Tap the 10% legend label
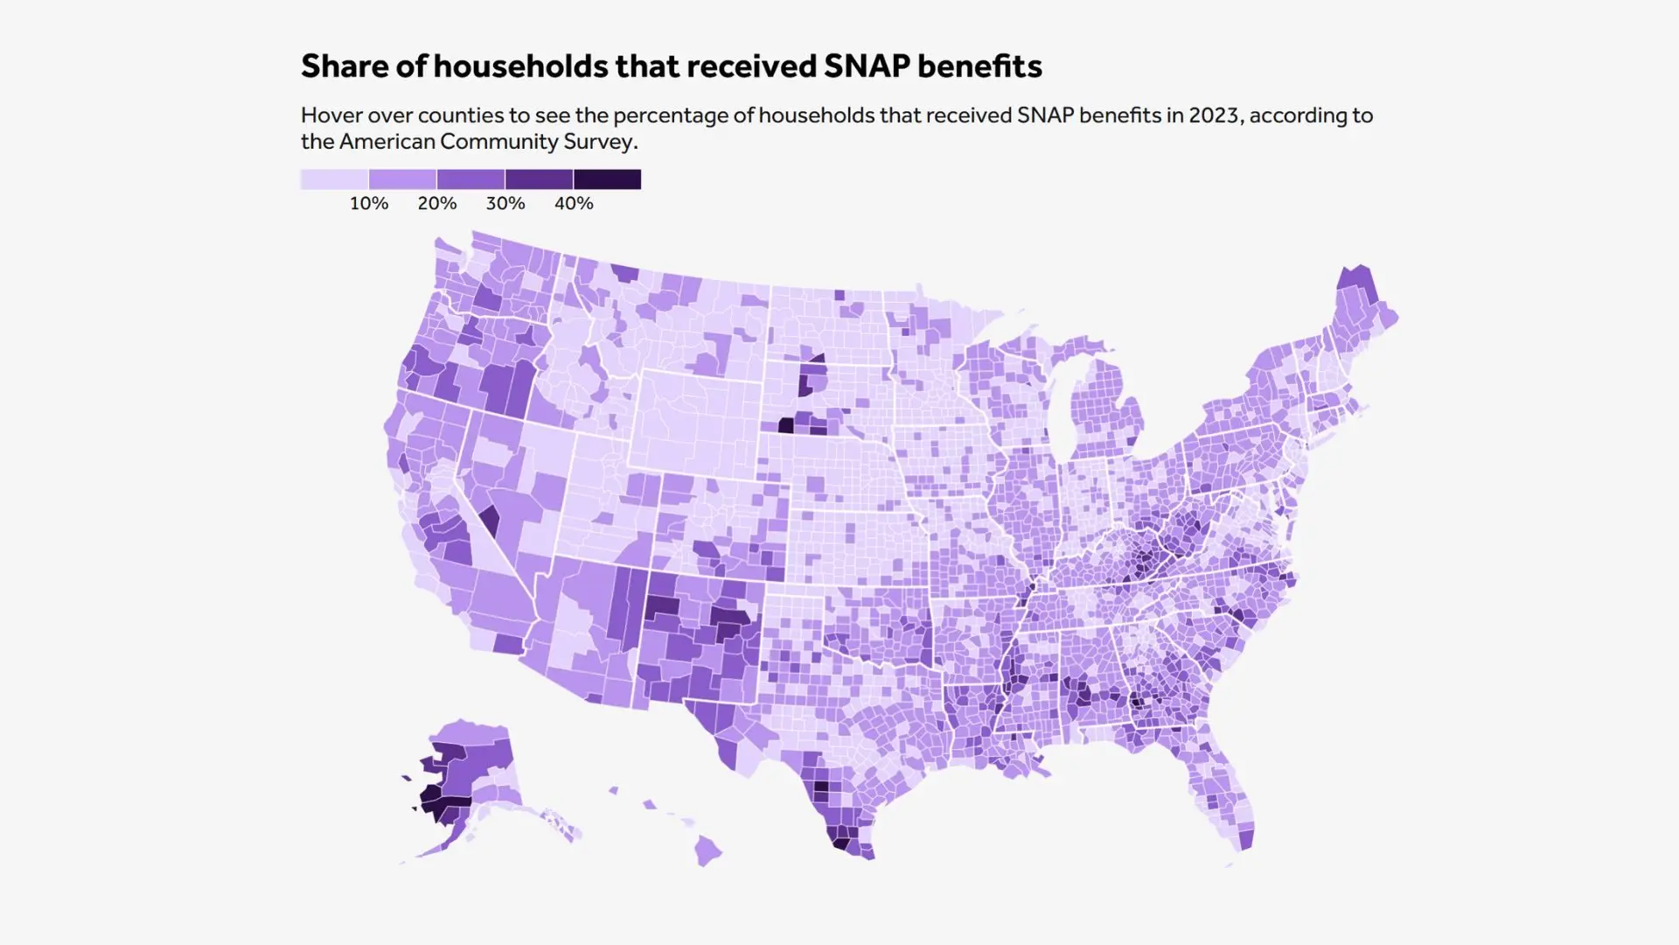point(369,204)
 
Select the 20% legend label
point(437,204)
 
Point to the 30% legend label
point(505,204)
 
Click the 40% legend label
point(574,204)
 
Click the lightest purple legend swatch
point(334,179)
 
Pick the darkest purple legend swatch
point(607,179)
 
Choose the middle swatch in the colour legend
point(470,179)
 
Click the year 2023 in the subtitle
point(1214,115)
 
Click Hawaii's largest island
point(708,849)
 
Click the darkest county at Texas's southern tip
point(840,844)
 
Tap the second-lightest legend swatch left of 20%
point(402,179)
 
